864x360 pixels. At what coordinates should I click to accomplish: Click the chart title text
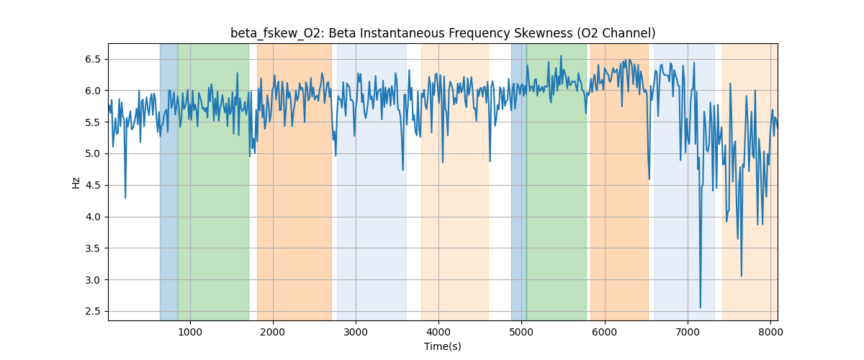[x=442, y=33]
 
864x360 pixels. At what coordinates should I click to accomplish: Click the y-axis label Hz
[x=76, y=182]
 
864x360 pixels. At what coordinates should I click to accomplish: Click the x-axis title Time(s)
[x=442, y=346]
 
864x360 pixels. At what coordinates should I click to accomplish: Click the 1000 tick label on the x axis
[x=189, y=332]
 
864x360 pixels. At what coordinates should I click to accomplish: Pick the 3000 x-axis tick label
[x=356, y=332]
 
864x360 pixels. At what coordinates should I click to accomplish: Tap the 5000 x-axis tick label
[x=522, y=332]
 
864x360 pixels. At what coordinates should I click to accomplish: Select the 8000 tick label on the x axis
[x=770, y=332]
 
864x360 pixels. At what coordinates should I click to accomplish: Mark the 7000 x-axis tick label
[x=688, y=332]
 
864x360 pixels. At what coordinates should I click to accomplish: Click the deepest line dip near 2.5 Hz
[x=700, y=307]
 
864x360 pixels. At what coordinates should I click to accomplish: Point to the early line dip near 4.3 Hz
[x=125, y=198]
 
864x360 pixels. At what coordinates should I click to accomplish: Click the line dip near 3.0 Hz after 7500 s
[x=741, y=276]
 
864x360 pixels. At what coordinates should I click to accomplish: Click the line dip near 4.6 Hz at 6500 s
[x=649, y=179]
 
